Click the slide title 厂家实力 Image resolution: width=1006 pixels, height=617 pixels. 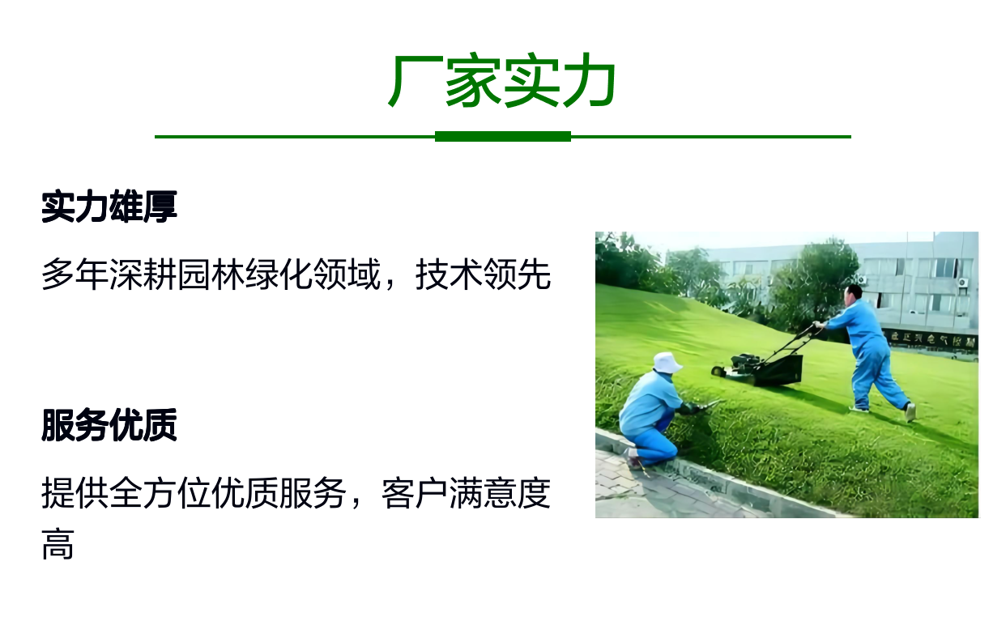[x=502, y=80]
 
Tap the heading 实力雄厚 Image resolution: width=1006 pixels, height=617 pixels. [x=109, y=206]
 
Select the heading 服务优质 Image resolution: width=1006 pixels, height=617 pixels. [x=109, y=425]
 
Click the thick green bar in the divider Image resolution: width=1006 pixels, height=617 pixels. [x=502, y=137]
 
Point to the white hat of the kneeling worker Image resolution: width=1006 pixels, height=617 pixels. [x=667, y=363]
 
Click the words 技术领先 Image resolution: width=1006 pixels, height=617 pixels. [x=484, y=274]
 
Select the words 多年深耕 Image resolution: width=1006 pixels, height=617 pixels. [x=109, y=274]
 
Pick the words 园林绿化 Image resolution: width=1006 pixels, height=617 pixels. [x=245, y=274]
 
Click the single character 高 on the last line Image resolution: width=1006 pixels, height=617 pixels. [x=58, y=544]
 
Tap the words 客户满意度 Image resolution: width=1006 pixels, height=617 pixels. [x=467, y=493]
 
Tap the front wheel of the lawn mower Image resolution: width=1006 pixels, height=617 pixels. [x=718, y=372]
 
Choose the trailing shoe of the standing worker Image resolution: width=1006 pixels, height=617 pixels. [x=910, y=412]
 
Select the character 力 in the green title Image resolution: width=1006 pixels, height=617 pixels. [x=588, y=81]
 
